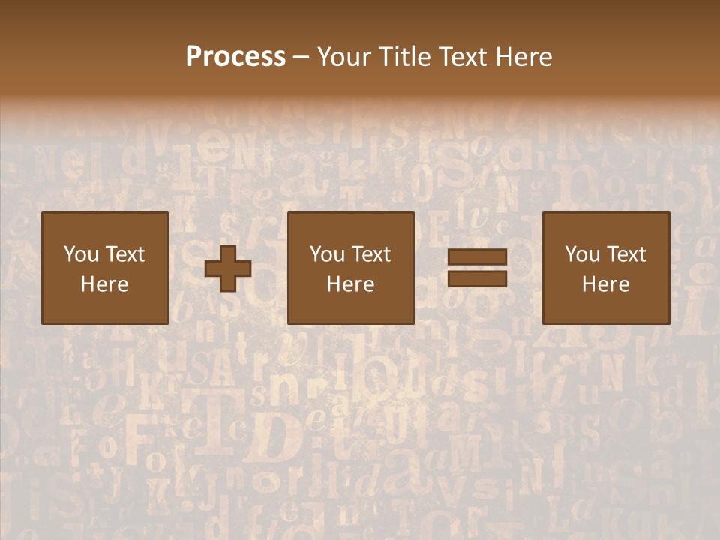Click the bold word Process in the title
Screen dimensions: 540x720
click(235, 57)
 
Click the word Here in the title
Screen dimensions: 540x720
click(524, 57)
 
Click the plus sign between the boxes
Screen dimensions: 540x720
click(228, 268)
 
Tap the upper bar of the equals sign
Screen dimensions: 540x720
click(477, 258)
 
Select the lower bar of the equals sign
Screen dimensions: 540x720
click(477, 278)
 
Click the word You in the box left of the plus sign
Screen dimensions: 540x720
click(80, 254)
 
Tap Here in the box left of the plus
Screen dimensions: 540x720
click(104, 284)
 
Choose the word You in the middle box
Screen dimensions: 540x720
click(327, 254)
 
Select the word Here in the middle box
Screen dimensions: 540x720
click(350, 284)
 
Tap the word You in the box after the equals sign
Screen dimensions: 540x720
click(582, 254)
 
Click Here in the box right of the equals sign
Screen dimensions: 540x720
click(605, 284)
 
